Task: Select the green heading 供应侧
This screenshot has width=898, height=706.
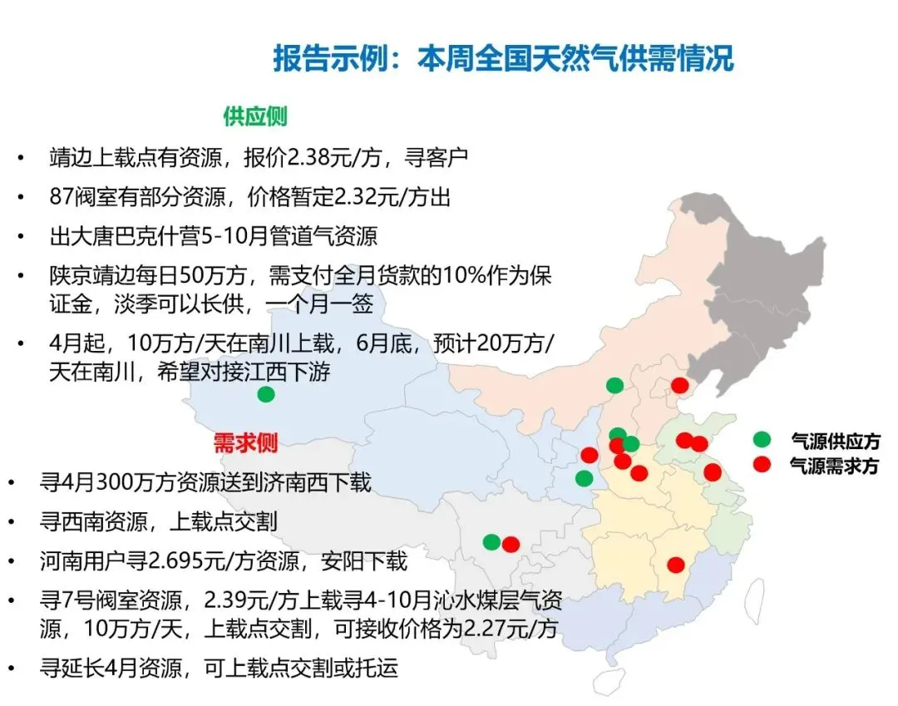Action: click(254, 116)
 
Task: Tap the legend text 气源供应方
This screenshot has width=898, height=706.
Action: click(834, 441)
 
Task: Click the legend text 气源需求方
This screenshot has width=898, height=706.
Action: click(834, 466)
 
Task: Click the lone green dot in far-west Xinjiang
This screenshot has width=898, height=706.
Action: click(266, 394)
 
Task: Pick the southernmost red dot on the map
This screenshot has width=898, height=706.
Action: click(676, 565)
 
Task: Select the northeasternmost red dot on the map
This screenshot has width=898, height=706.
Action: click(680, 385)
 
